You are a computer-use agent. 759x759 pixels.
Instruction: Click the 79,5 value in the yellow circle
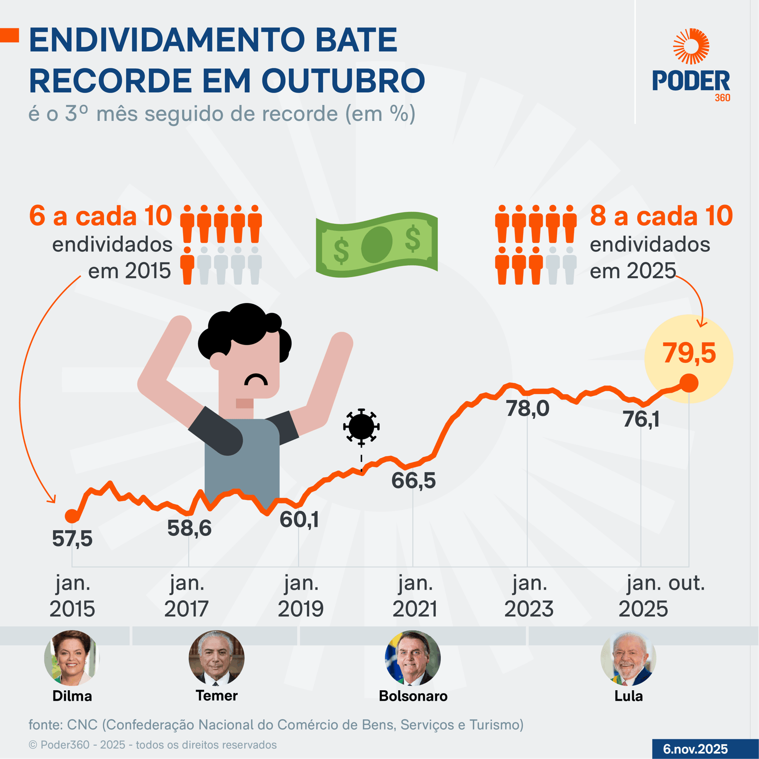click(689, 353)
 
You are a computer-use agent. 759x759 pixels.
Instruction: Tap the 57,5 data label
click(72, 539)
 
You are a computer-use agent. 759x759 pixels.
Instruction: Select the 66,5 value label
click(413, 481)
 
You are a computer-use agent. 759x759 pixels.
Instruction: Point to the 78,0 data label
click(528, 408)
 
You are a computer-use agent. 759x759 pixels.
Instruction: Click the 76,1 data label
click(641, 419)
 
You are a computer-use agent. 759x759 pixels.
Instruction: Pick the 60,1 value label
click(299, 520)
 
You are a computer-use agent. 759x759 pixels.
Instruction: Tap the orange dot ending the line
click(689, 383)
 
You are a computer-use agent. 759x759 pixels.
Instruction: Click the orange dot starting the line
click(72, 516)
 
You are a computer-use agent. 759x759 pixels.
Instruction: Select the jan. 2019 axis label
click(301, 596)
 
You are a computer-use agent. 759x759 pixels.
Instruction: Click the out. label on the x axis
click(686, 583)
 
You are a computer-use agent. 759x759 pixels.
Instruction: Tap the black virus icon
click(361, 426)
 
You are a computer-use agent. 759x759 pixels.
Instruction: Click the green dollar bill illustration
click(377, 244)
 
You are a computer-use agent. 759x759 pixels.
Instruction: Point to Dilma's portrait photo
click(72, 658)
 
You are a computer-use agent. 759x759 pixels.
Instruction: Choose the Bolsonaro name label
click(413, 696)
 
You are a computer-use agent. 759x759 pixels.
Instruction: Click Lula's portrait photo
click(628, 658)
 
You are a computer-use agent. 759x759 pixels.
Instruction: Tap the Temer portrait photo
click(216, 658)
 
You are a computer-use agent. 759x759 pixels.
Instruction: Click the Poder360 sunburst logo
click(691, 46)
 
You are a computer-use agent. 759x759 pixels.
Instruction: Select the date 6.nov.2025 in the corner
click(695, 749)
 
